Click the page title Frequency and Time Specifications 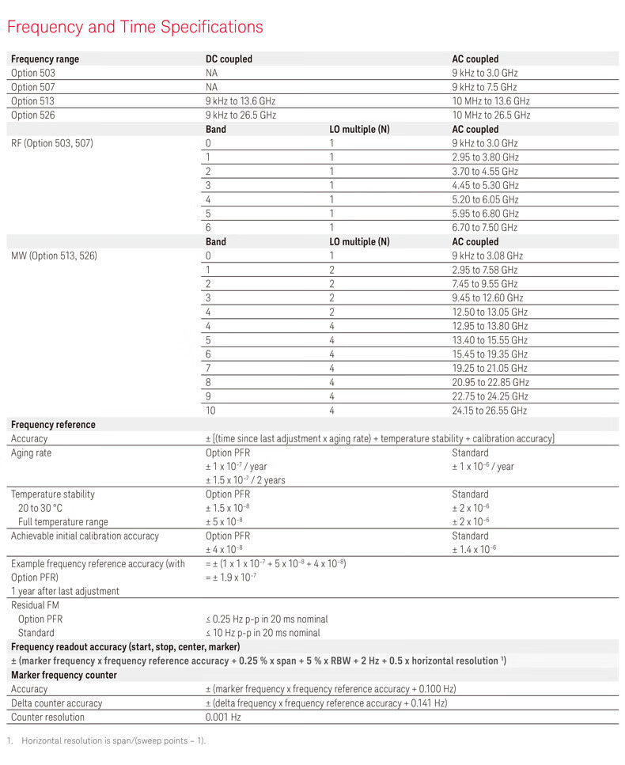pyautogui.click(x=134, y=27)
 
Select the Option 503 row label pyautogui.click(x=33, y=73)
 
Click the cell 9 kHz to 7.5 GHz pyautogui.click(x=484, y=87)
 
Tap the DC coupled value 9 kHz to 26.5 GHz pyautogui.click(x=241, y=116)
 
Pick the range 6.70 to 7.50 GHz pyautogui.click(x=485, y=228)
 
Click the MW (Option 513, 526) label pyautogui.click(x=54, y=256)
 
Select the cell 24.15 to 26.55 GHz pyautogui.click(x=489, y=411)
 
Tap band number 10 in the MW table pyautogui.click(x=210, y=411)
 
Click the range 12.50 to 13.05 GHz pyautogui.click(x=489, y=312)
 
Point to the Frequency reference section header pyautogui.click(x=53, y=425)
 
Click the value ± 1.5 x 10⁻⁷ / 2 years pyautogui.click(x=245, y=480)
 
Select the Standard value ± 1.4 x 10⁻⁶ pyautogui.click(x=485, y=550)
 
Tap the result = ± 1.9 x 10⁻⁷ pyautogui.click(x=235, y=578)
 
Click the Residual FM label pyautogui.click(x=35, y=605)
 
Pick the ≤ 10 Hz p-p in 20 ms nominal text pyautogui.click(x=263, y=633)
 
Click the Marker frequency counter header pyautogui.click(x=63, y=675)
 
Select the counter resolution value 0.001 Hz pyautogui.click(x=223, y=718)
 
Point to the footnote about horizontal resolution pyautogui.click(x=111, y=740)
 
